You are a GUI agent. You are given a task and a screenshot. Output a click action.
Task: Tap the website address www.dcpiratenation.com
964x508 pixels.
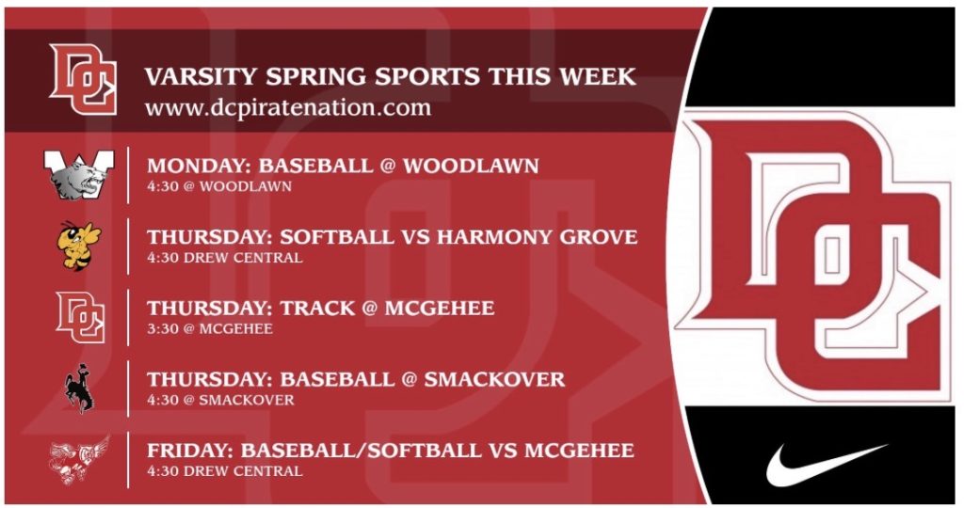coord(288,107)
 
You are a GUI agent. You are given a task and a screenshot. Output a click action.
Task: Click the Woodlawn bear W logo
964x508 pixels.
coord(79,175)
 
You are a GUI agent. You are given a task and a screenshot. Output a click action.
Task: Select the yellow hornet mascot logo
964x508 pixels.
coord(79,246)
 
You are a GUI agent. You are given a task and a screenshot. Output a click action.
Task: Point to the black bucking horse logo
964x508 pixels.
coord(80,389)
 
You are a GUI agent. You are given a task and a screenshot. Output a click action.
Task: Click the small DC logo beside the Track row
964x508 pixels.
coord(81,317)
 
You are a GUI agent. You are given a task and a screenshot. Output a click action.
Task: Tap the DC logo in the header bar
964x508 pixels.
coord(83,79)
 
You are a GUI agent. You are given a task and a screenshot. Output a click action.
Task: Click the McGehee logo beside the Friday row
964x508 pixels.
coord(79,460)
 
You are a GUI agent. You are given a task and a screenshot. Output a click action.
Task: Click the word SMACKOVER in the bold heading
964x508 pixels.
coord(494,379)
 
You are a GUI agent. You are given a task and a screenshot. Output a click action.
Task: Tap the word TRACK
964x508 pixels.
coord(318,308)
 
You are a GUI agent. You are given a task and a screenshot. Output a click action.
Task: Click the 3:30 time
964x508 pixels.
coord(162,328)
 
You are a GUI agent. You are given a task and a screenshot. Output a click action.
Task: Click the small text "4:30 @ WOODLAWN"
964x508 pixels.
coord(219,186)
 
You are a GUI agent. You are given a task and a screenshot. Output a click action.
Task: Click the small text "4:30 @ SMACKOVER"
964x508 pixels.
coord(220,400)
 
